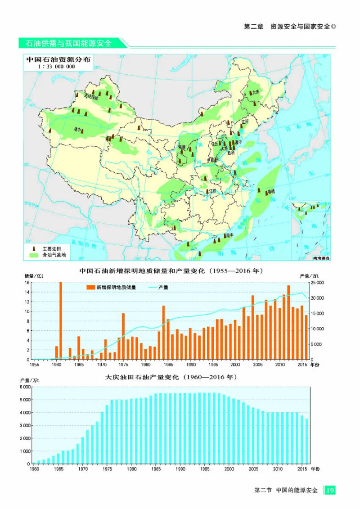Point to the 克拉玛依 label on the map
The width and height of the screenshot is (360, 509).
(90, 96)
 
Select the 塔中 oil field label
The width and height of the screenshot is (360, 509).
(77, 129)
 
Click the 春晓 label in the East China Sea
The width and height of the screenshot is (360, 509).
(270, 192)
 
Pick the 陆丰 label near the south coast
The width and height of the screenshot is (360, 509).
(229, 235)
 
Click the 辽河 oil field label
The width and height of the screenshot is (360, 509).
(245, 122)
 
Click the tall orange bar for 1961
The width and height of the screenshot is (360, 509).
(61, 320)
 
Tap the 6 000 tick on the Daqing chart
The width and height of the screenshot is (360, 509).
(24, 387)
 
